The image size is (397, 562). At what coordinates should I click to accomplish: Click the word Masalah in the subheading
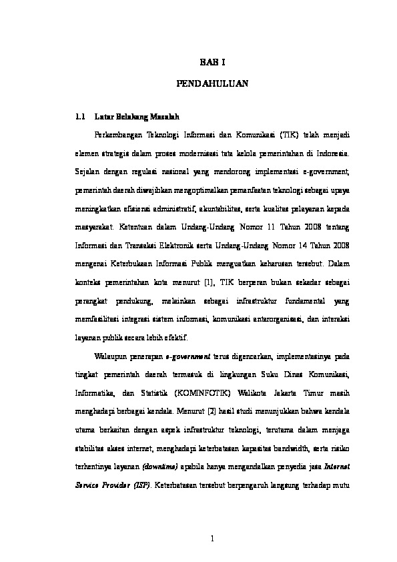click(165, 114)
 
